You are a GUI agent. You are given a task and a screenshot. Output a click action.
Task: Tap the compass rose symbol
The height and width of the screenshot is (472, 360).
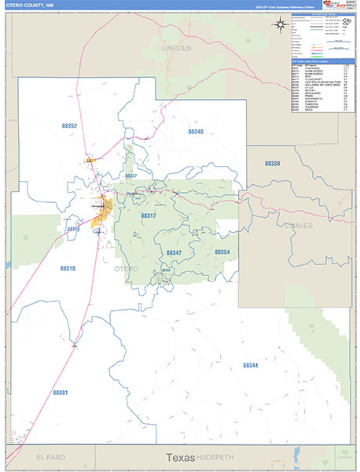(x=281, y=24)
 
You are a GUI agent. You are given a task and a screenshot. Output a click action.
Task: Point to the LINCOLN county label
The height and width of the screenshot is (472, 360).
(x=177, y=48)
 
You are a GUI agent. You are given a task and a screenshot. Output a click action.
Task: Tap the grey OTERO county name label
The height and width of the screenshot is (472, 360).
(x=127, y=269)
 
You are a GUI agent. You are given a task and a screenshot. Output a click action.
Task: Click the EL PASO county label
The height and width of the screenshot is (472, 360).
(x=50, y=457)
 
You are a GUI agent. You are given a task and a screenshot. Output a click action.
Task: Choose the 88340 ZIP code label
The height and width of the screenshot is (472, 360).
(x=195, y=131)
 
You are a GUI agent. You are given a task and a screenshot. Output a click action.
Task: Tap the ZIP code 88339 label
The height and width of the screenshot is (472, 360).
(x=272, y=163)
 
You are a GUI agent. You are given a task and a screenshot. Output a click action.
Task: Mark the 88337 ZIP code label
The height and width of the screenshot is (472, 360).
(x=130, y=175)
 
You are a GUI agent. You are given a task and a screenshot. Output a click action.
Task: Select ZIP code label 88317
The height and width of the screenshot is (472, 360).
(x=149, y=216)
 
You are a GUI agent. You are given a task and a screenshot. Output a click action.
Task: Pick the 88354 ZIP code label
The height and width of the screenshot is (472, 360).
(x=222, y=252)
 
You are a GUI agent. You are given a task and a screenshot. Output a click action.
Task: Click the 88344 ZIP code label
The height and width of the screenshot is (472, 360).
(x=250, y=365)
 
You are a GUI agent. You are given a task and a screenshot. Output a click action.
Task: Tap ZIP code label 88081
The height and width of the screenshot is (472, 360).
(x=61, y=392)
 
